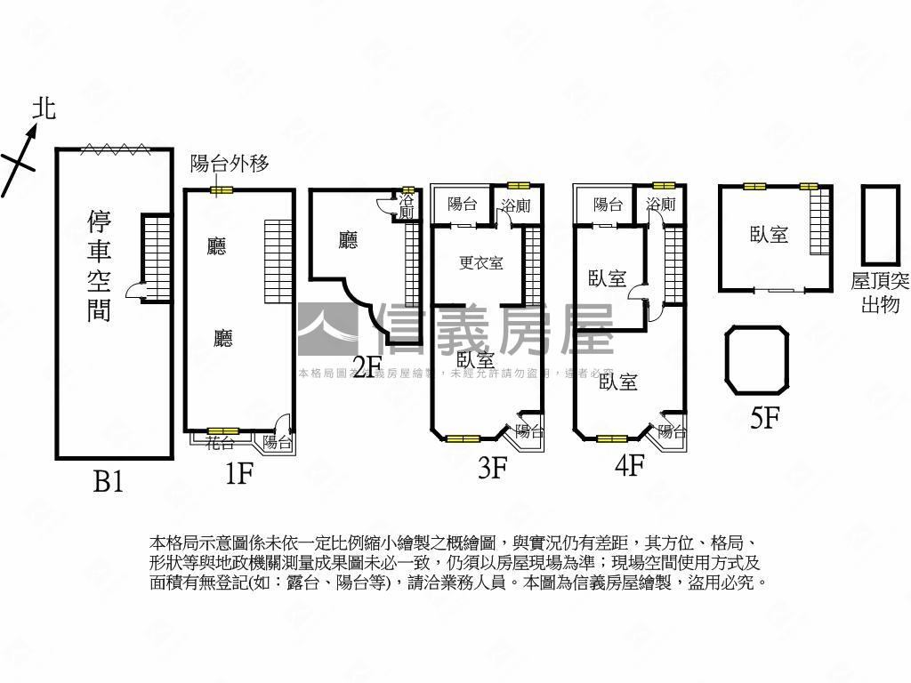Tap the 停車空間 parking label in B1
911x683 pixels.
tap(100, 265)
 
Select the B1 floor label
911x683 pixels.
tap(109, 482)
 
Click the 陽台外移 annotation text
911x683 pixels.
tap(230, 163)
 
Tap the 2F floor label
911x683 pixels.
tap(367, 366)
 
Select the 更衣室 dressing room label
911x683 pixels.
tap(481, 262)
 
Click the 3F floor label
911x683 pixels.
tap(492, 468)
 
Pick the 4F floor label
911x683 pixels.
tap(629, 465)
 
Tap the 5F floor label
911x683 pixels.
tap(765, 418)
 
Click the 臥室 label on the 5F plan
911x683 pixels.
tap(769, 235)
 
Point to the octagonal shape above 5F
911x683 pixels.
tap(757, 360)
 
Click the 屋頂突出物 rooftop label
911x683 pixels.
tap(880, 293)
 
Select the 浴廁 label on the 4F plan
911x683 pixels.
tap(660, 205)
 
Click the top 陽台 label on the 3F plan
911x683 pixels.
tap(462, 205)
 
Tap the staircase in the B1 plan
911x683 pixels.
tap(156, 257)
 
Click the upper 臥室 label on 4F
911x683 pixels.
tap(608, 278)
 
